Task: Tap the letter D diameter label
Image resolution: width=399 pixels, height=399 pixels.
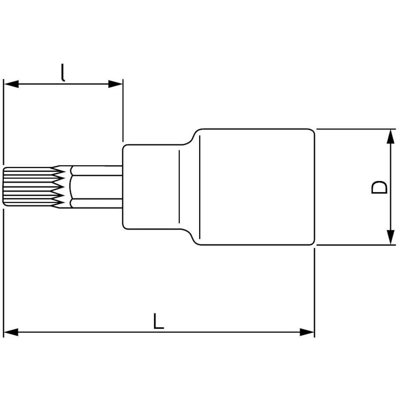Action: click(379, 187)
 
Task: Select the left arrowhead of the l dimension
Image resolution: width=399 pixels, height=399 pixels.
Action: click(10, 84)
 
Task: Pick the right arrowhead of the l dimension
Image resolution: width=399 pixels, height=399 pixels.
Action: click(115, 84)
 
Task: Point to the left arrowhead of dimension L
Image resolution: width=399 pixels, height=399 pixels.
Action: click(10, 332)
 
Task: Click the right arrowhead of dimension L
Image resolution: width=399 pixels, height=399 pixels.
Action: click(307, 332)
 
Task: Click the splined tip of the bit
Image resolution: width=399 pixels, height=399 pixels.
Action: click(30, 187)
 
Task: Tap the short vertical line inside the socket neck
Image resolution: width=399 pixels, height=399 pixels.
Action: click(179, 187)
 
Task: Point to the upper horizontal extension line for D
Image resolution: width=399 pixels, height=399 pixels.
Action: click(356, 129)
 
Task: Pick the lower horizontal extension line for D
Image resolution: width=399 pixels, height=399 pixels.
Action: click(356, 245)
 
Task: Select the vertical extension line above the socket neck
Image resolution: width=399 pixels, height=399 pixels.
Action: click(123, 112)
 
